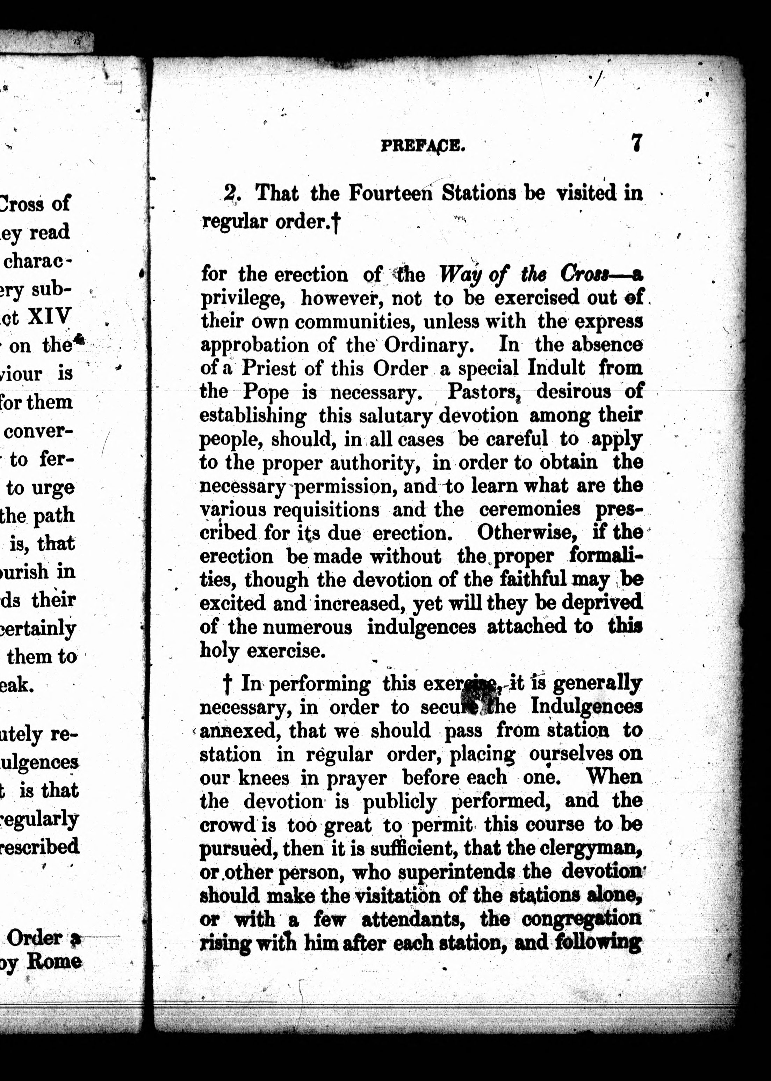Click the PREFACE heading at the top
pyautogui.click(x=423, y=146)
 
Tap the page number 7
pyautogui.click(x=637, y=142)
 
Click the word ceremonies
pyautogui.click(x=529, y=509)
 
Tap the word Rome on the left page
pyautogui.click(x=54, y=961)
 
